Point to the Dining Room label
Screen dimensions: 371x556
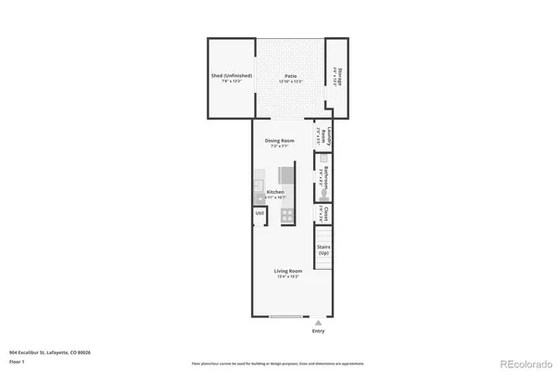point(280,140)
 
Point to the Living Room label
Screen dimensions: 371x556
point(287,271)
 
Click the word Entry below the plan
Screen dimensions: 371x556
point(319,330)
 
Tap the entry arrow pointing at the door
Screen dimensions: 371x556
point(319,321)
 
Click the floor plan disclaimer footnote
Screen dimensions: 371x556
point(277,364)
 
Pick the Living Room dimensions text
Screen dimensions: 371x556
point(287,276)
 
